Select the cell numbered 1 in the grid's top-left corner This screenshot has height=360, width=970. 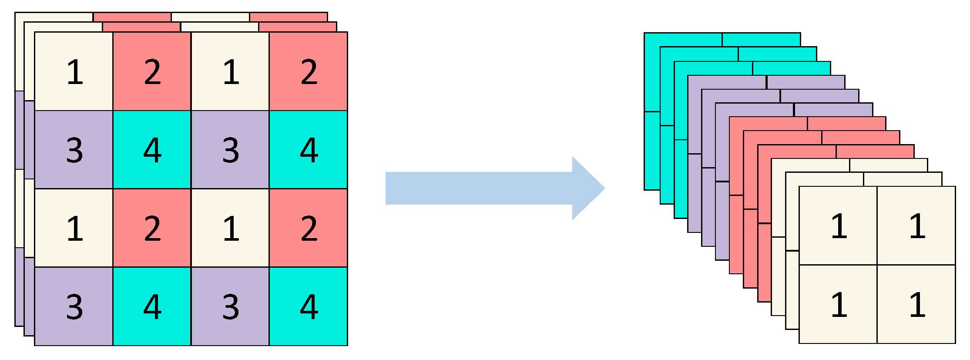coord(74,71)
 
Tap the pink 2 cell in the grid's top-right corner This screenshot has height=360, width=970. coord(308,71)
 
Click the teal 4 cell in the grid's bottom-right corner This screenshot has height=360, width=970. coord(308,306)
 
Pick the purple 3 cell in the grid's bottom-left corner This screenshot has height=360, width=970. coord(74,306)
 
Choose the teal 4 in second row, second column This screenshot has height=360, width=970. coord(152,150)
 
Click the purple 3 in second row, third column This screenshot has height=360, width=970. coord(230,150)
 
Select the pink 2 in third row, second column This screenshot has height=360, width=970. coord(152,228)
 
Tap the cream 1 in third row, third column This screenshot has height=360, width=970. coord(230,228)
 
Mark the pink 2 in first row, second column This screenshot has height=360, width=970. coord(152,71)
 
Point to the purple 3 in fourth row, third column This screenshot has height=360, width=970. coord(230,306)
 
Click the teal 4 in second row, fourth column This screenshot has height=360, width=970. coord(308,150)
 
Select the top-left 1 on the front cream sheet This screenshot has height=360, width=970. coord(838,225)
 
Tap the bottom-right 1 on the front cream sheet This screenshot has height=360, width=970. coord(916,304)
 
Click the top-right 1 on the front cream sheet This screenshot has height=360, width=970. coord(916,225)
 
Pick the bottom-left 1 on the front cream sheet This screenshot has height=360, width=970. coord(838,304)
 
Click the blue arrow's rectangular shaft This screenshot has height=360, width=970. coord(479,188)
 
